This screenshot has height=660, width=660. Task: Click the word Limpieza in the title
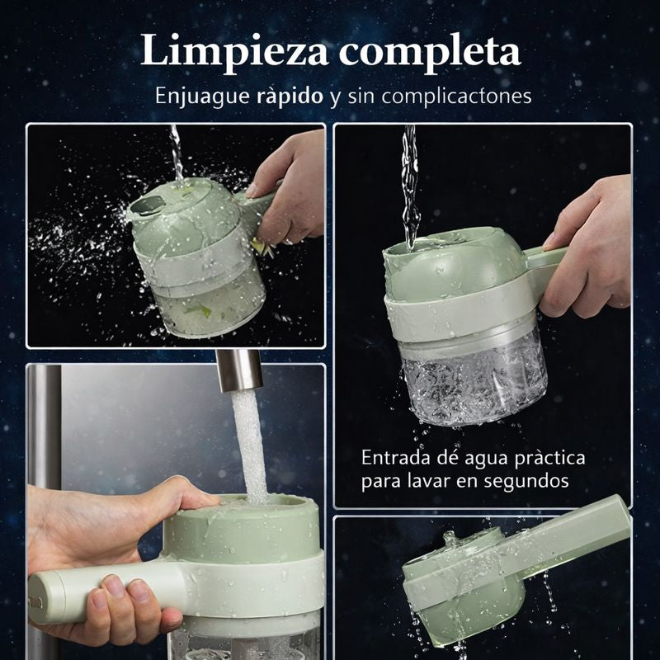(x=234, y=51)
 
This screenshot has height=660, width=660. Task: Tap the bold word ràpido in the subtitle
(x=290, y=97)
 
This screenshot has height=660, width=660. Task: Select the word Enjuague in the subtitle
(x=202, y=97)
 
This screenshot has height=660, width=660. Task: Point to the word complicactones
(x=457, y=97)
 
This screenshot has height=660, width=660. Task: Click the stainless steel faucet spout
(x=239, y=370)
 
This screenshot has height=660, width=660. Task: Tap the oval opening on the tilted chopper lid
(x=148, y=205)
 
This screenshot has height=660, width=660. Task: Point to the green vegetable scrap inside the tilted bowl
(x=199, y=310)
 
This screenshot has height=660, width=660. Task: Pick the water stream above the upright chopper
(x=410, y=187)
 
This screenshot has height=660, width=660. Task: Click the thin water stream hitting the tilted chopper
(x=177, y=153)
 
